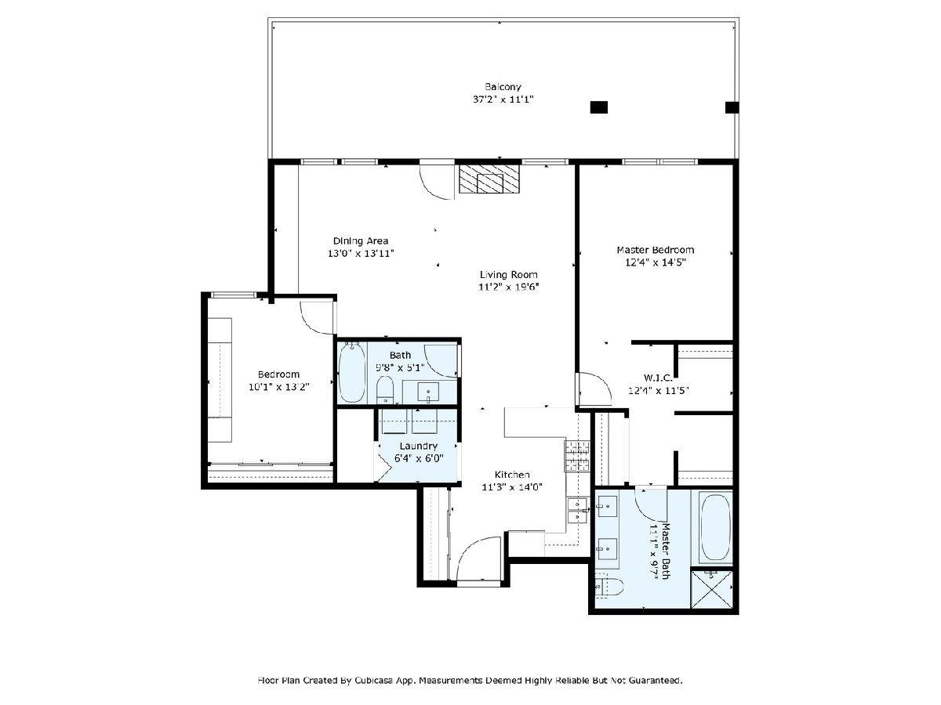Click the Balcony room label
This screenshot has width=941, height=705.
(503, 87)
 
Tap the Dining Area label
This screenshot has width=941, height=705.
(361, 241)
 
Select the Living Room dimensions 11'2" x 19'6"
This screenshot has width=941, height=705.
(508, 287)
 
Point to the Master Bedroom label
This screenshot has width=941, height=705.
(655, 250)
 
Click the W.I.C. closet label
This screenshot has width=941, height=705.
(658, 378)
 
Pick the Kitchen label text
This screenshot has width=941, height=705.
(512, 475)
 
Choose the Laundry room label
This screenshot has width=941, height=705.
(419, 446)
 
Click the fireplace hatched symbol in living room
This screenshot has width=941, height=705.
(489, 179)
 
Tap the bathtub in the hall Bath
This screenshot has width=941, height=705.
(352, 372)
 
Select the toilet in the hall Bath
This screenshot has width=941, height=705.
(385, 390)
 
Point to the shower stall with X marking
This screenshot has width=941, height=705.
(711, 588)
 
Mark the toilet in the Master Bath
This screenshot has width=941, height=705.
(609, 587)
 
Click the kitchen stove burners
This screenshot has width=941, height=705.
(577, 455)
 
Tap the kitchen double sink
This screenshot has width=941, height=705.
(577, 511)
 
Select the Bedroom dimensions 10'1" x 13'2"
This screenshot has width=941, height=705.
(279, 387)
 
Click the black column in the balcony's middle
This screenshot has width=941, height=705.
(599, 107)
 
